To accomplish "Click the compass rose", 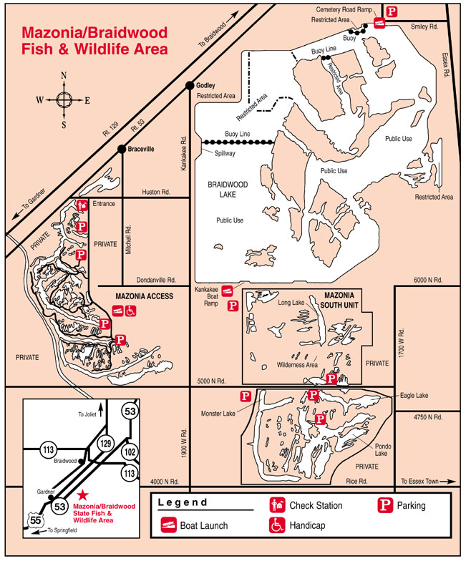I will [63, 99].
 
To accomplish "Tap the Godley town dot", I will [190, 85].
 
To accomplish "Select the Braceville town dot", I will [122, 149].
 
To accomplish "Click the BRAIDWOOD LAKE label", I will [228, 189].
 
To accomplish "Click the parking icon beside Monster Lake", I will [245, 396].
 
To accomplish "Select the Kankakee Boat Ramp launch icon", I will [228, 291].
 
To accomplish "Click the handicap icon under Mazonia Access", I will [131, 311].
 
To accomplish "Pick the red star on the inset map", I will [84, 494].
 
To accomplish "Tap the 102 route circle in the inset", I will [130, 452].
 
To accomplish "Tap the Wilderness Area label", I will [297, 365].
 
